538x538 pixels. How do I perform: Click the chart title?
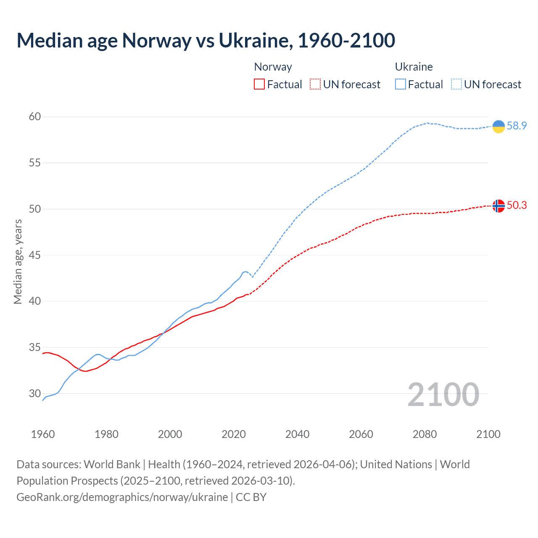click(x=206, y=40)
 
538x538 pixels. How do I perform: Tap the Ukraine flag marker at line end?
click(x=498, y=126)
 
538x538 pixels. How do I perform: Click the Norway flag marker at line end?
click(x=498, y=206)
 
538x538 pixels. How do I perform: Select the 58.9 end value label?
click(x=517, y=126)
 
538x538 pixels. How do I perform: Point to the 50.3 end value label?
click(x=517, y=205)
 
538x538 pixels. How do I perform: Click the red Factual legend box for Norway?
click(x=259, y=84)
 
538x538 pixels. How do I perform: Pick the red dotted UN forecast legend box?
click(x=315, y=84)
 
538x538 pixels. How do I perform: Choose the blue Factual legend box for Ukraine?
click(x=401, y=84)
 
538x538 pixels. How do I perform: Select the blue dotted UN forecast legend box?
click(x=456, y=84)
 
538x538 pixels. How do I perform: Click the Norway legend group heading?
click(x=273, y=67)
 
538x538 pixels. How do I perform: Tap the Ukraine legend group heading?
click(x=414, y=67)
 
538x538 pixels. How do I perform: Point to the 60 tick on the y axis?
click(x=35, y=116)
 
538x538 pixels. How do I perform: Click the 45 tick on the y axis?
click(x=35, y=255)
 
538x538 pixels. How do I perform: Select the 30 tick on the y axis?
click(x=35, y=394)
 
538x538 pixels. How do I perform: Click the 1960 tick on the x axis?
click(x=43, y=434)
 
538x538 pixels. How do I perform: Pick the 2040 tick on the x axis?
click(x=298, y=434)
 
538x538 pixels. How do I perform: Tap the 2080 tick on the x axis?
click(x=425, y=434)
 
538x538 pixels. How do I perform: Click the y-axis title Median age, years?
click(x=18, y=261)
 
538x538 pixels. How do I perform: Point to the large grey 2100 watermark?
click(x=443, y=395)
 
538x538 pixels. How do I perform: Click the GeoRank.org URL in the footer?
click(x=122, y=497)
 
